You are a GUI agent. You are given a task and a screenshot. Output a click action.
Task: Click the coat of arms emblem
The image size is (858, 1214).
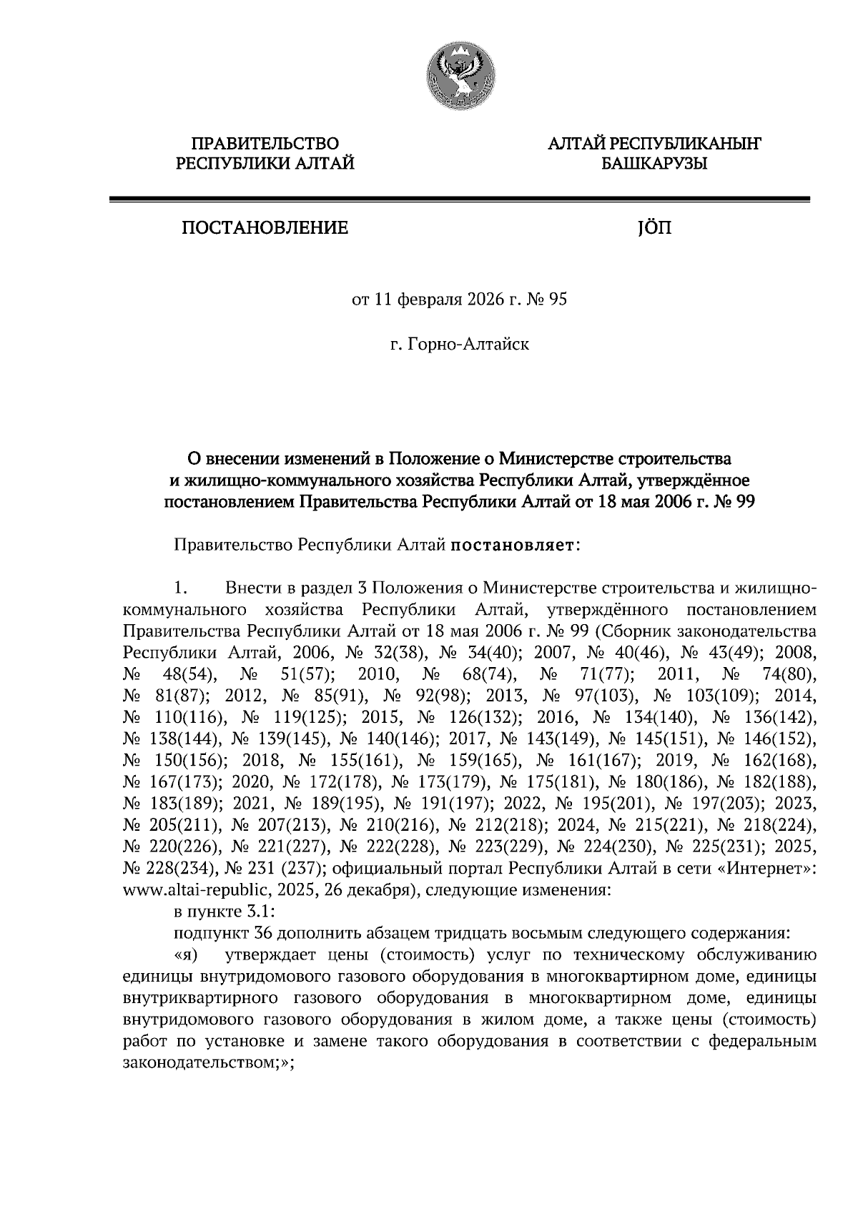pyautogui.click(x=460, y=76)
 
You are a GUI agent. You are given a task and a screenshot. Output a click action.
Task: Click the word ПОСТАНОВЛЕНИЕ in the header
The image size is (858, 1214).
pyautogui.click(x=265, y=228)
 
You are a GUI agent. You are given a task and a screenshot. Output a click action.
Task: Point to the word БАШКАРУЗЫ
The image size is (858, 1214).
pyautogui.click(x=654, y=164)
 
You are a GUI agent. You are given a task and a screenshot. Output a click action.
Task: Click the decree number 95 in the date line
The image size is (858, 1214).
pyautogui.click(x=557, y=300)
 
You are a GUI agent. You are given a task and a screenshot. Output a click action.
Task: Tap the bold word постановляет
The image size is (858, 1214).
pyautogui.click(x=513, y=546)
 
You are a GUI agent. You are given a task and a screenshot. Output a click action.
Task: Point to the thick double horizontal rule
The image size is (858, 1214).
pyautogui.click(x=459, y=199)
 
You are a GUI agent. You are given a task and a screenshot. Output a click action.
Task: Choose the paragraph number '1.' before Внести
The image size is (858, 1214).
pyautogui.click(x=181, y=588)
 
